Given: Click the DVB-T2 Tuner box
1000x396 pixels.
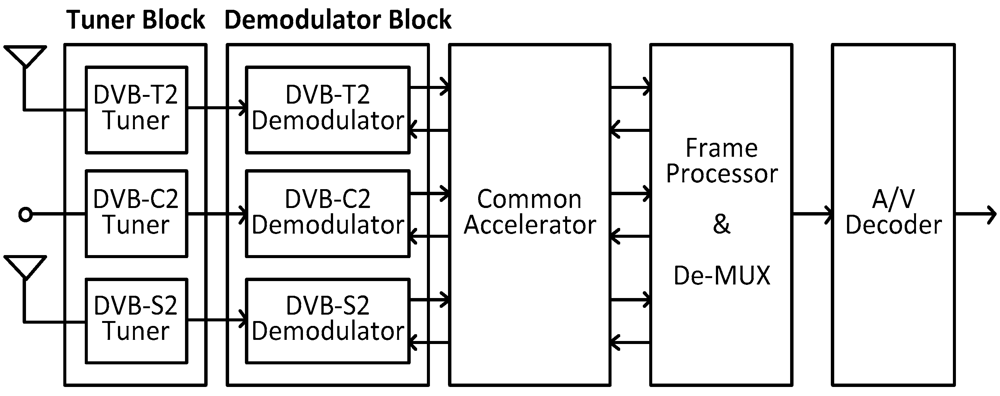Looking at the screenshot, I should click(136, 110).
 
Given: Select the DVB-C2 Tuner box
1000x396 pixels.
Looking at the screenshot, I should click(136, 214).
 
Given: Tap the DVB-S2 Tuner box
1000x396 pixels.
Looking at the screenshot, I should click(136, 321).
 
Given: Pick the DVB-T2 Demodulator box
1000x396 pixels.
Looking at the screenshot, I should click(328, 110).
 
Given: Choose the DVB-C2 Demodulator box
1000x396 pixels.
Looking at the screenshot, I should click(328, 214).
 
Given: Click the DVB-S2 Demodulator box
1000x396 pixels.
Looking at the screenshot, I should click(328, 321).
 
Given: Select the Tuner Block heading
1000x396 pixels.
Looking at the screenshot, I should click(136, 20).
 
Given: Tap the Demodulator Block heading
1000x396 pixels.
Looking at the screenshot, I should click(338, 20).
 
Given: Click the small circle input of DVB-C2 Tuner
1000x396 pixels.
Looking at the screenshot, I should click(26, 214).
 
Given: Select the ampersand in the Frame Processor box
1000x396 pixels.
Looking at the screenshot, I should click(721, 224).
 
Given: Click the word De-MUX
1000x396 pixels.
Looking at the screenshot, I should click(721, 276).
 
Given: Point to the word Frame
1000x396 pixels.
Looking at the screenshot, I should click(721, 148).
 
